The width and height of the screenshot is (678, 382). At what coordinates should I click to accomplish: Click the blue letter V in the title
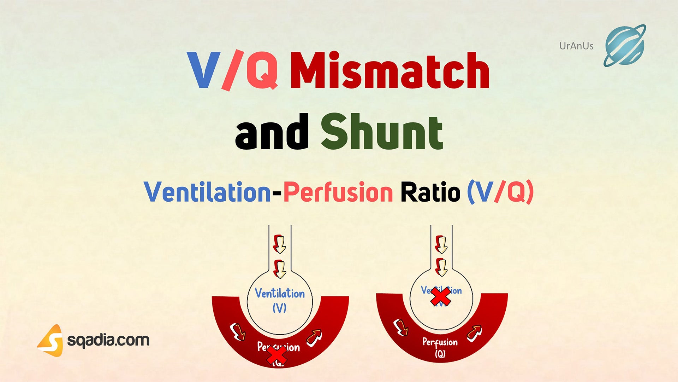coord(203,71)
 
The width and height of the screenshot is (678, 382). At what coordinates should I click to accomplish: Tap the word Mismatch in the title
coord(390,71)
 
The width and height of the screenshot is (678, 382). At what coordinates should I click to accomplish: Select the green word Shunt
coord(382,132)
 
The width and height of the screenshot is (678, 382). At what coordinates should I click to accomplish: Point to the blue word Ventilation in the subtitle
coord(207,192)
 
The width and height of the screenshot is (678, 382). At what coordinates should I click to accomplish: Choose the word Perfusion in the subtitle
coord(338,192)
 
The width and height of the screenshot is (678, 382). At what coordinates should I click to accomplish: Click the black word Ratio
coord(430,192)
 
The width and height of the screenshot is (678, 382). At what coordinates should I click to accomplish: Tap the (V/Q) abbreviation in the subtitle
coord(500,192)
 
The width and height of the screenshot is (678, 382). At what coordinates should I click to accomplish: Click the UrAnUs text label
coord(576,46)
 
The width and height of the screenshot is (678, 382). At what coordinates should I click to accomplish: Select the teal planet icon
coord(625,46)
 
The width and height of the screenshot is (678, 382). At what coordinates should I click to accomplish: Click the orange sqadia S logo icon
coord(52,340)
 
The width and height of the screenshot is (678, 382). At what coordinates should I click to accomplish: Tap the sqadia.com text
coord(108,340)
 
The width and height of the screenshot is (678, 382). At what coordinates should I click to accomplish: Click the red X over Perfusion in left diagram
coord(276,356)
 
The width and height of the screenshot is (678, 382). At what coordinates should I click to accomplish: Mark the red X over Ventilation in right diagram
coord(441,296)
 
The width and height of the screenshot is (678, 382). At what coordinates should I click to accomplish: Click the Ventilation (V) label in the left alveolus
coord(280,300)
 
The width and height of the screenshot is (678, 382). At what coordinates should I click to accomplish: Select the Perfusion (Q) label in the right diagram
coord(440,347)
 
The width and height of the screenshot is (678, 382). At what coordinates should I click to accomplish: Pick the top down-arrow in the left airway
coord(279,244)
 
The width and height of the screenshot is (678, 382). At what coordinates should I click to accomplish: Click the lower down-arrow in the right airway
coord(441,267)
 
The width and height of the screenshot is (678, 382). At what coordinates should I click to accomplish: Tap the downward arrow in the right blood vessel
coord(401,328)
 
